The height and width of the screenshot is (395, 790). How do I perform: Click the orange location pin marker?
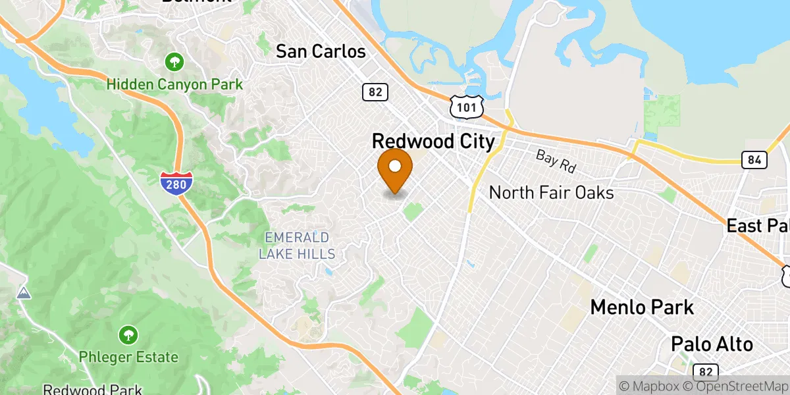[x=395, y=168]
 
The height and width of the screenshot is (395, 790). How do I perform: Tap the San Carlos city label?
[x=321, y=51]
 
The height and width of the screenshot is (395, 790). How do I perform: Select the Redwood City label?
[x=433, y=142]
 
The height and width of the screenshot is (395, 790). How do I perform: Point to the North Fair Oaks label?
[x=552, y=193]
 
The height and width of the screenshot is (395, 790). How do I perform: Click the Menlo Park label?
[x=642, y=307]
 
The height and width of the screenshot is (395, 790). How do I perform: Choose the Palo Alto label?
[x=712, y=344]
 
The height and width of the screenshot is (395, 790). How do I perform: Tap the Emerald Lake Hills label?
[x=296, y=245]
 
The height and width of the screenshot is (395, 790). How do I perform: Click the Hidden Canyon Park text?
[x=174, y=84]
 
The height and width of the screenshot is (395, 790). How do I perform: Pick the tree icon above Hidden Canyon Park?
[x=174, y=63]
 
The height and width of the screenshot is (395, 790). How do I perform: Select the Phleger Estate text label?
[x=128, y=357]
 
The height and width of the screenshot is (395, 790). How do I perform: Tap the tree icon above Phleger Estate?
[x=128, y=336]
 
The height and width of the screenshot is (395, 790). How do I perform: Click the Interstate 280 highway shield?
[x=176, y=182]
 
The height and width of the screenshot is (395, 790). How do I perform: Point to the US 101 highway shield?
[x=467, y=105]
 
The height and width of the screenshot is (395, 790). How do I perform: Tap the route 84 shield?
[x=752, y=159]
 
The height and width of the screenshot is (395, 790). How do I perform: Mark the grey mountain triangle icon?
[x=24, y=292]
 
